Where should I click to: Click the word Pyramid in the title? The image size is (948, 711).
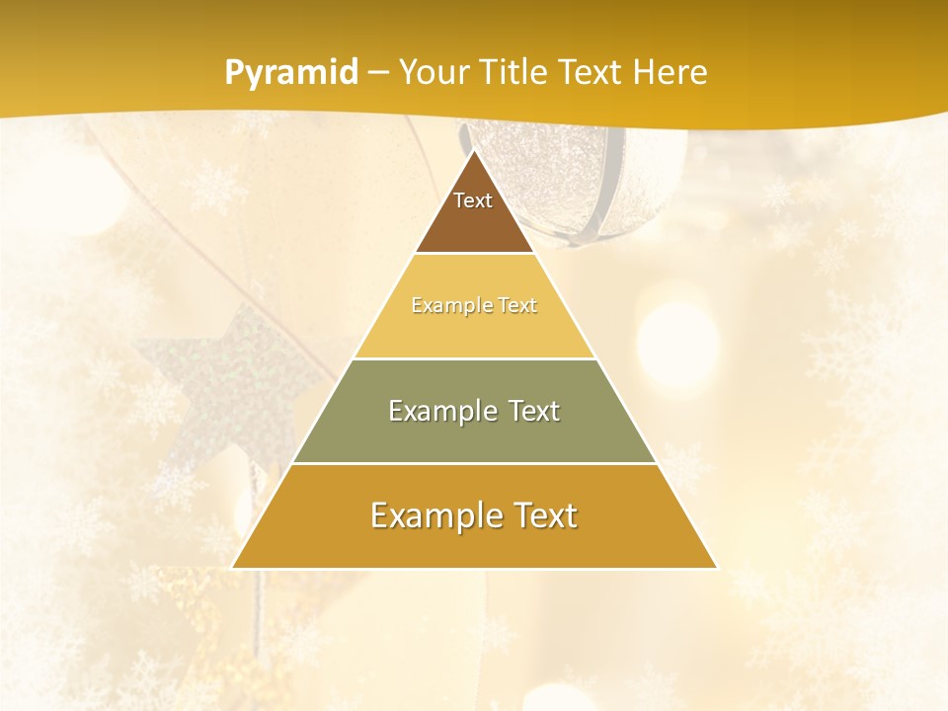[x=291, y=73]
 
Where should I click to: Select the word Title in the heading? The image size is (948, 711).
[x=518, y=72]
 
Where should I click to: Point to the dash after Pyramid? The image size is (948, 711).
[x=377, y=73]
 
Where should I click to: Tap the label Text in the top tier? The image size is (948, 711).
[x=473, y=200]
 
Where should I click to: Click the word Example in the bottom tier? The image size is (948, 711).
[x=431, y=515]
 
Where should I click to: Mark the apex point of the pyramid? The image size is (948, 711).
[x=474, y=150]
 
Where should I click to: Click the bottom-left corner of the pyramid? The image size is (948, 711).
[x=232, y=568]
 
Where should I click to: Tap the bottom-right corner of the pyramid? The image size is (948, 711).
[x=716, y=568]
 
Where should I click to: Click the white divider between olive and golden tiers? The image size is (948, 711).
[x=474, y=463]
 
